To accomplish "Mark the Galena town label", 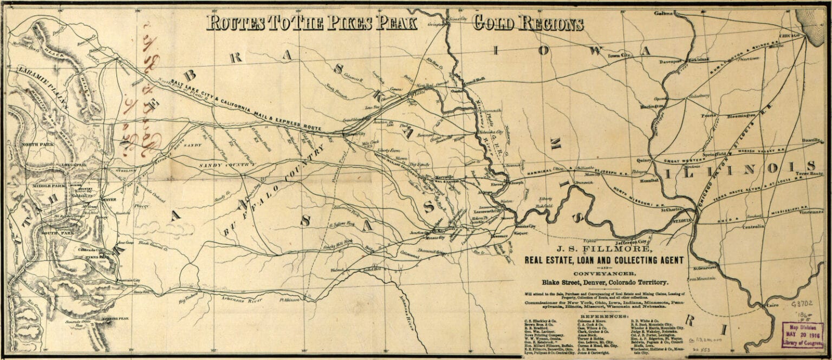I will (x=662, y=12).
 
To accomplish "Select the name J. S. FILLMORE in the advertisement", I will (x=594, y=250).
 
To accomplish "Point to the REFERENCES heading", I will (x=604, y=315).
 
